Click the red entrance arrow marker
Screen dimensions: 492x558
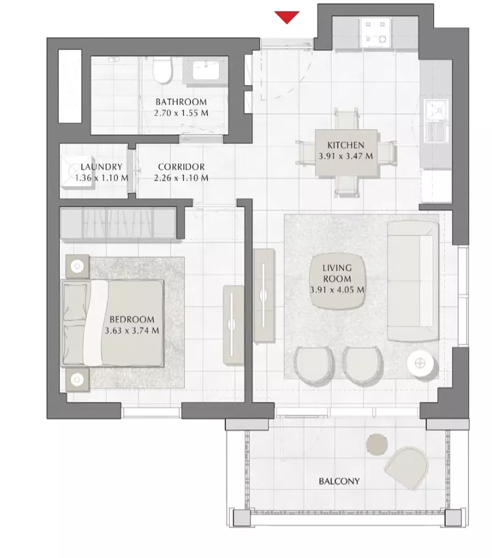pyautogui.click(x=286, y=17)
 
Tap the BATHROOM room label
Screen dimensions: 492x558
pyautogui.click(x=181, y=102)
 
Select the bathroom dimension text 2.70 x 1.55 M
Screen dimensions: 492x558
pyautogui.click(x=181, y=113)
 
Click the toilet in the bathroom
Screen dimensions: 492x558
pyautogui.click(x=162, y=70)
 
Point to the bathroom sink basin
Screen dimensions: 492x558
pyautogui.click(x=206, y=70)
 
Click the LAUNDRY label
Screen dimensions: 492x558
pyautogui.click(x=101, y=166)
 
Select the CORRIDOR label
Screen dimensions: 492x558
pyautogui.click(x=181, y=166)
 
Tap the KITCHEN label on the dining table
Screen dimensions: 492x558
pyautogui.click(x=346, y=145)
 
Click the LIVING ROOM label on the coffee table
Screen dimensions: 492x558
pyautogui.click(x=337, y=273)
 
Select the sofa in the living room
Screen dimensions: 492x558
pyautogui.click(x=412, y=281)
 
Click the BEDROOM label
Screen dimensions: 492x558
pyautogui.click(x=132, y=319)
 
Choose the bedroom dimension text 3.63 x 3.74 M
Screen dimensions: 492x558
pyautogui.click(x=132, y=330)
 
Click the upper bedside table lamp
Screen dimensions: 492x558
pyautogui.click(x=77, y=266)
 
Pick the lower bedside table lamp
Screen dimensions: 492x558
pyautogui.click(x=77, y=380)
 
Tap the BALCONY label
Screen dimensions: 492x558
pyautogui.click(x=339, y=481)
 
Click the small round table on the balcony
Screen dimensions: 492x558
pyautogui.click(x=377, y=444)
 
